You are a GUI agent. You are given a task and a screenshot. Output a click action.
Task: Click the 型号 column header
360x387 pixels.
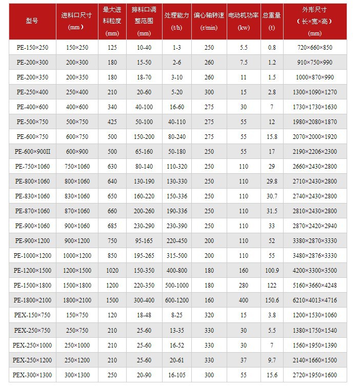tap(32, 21)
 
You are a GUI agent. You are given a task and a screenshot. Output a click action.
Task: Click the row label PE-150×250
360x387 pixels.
tap(32, 48)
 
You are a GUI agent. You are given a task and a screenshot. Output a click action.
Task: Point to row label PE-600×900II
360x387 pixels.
tap(32, 152)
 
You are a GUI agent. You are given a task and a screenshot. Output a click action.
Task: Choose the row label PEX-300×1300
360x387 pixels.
tap(32, 375)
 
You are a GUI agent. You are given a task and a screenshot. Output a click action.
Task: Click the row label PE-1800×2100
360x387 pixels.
tap(32, 300)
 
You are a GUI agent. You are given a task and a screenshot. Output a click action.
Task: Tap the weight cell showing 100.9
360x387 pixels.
tap(272, 271)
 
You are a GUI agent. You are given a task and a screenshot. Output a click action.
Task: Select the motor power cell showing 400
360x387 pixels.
tap(243, 300)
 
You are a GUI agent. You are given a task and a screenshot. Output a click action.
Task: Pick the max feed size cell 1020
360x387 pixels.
tap(112, 271)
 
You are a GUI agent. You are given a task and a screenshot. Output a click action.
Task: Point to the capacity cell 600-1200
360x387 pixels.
tap(177, 300)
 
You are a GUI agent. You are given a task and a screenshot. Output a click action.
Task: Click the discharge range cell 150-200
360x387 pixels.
tap(144, 137)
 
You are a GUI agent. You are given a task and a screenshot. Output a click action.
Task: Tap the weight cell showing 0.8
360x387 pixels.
tap(272, 48)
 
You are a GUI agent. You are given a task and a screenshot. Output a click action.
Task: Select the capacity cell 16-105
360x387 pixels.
tap(177, 375)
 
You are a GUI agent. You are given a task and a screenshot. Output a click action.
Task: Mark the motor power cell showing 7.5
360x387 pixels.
tap(243, 63)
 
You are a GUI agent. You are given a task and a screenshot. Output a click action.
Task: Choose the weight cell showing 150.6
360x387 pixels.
tap(272, 300)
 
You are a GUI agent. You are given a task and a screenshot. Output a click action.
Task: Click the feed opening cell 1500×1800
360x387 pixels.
tap(77, 286)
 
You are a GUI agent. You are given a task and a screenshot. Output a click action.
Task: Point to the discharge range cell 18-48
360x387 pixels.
tap(144, 315)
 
